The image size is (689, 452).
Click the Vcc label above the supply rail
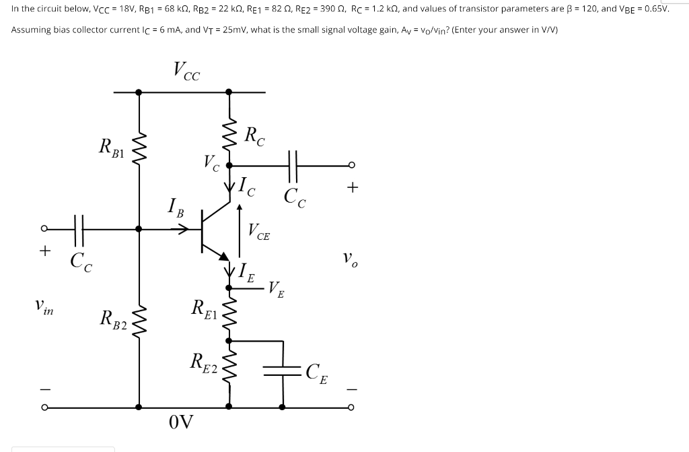pyautogui.click(x=186, y=70)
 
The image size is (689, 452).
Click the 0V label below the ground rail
pyautogui.click(x=181, y=423)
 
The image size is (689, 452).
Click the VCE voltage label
pyautogui.click(x=259, y=232)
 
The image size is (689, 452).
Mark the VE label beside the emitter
pyautogui.click(x=276, y=289)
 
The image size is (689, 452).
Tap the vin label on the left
pyautogui.click(x=45, y=309)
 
